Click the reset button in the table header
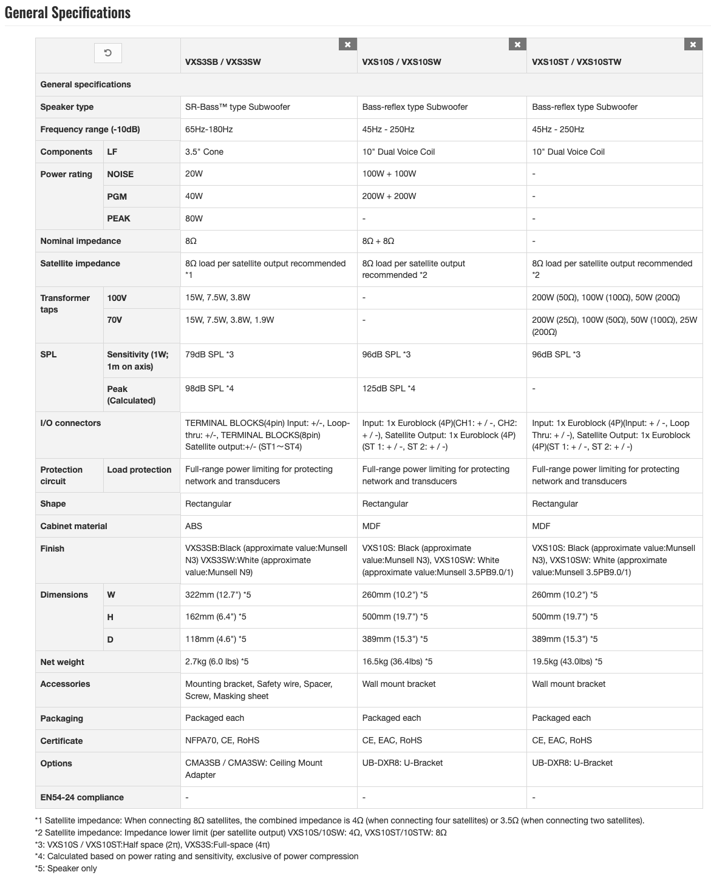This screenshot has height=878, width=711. tap(107, 53)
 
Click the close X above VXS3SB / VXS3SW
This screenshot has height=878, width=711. tap(347, 44)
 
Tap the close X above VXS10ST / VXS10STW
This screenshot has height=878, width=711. tap(693, 44)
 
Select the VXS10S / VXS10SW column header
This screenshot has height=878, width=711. tap(401, 62)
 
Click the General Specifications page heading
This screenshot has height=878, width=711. tap(67, 13)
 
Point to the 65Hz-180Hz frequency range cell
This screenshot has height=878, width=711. tap(209, 129)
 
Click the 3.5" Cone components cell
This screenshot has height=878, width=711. tap(204, 152)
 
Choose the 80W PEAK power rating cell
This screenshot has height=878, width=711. tap(194, 218)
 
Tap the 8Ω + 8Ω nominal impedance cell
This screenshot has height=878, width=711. tap(378, 241)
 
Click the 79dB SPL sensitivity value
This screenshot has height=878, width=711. tap(209, 354)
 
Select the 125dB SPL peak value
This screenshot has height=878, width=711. tap(389, 388)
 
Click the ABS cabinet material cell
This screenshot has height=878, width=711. tap(194, 526)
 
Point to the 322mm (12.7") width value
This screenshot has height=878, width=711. tap(218, 595)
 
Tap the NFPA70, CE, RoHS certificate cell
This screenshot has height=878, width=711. tap(222, 740)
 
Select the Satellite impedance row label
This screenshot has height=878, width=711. tap(80, 263)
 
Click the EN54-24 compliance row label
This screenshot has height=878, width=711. tap(82, 797)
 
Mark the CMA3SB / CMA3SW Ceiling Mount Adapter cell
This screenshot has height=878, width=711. tap(254, 769)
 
